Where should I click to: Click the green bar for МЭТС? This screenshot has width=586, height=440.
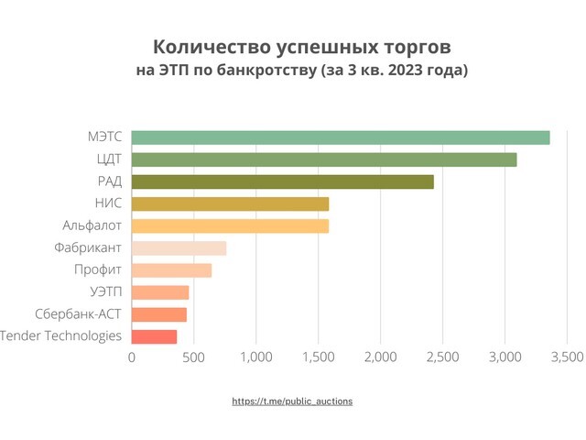tap(341, 137)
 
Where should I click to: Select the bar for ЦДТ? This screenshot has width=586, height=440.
tap(324, 159)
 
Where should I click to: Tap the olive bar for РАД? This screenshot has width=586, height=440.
tap(283, 181)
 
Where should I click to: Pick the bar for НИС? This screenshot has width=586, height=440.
tap(230, 203)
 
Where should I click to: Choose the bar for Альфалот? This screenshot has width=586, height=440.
tap(230, 225)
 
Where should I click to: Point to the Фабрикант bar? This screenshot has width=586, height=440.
tap(179, 247)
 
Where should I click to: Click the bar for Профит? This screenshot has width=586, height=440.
tap(171, 270)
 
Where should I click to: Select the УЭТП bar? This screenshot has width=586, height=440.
tap(160, 292)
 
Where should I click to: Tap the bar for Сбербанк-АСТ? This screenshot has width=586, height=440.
tap(159, 314)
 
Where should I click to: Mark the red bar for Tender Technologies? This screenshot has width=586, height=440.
tap(154, 336)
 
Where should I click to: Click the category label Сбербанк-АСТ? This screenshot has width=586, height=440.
tap(79, 314)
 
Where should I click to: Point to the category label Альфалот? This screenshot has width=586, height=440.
tap(90, 225)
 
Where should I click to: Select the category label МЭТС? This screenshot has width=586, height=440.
tap(103, 137)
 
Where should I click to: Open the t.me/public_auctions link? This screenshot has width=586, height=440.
tap(292, 401)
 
